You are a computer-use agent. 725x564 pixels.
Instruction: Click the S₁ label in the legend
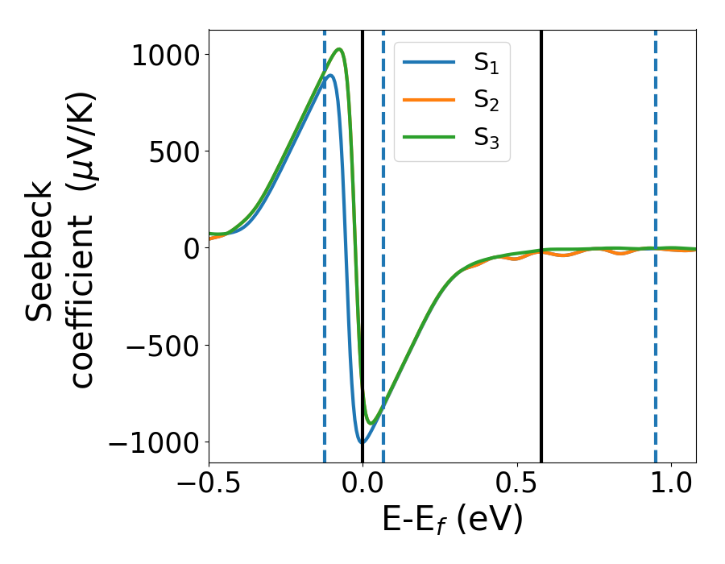(x=486, y=64)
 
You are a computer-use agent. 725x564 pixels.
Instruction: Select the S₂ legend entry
(x=486, y=102)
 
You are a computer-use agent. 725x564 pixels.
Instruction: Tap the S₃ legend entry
(x=486, y=141)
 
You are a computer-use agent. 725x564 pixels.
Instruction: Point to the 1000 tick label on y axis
(x=167, y=55)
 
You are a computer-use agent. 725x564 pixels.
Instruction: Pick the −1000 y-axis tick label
(x=155, y=442)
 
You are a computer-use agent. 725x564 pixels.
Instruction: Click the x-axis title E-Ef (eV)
(x=452, y=521)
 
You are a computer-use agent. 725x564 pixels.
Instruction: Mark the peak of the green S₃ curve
(x=340, y=49)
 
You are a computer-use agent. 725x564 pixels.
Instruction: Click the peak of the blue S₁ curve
(x=330, y=76)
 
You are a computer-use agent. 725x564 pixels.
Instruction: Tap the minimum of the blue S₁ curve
(x=362, y=442)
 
